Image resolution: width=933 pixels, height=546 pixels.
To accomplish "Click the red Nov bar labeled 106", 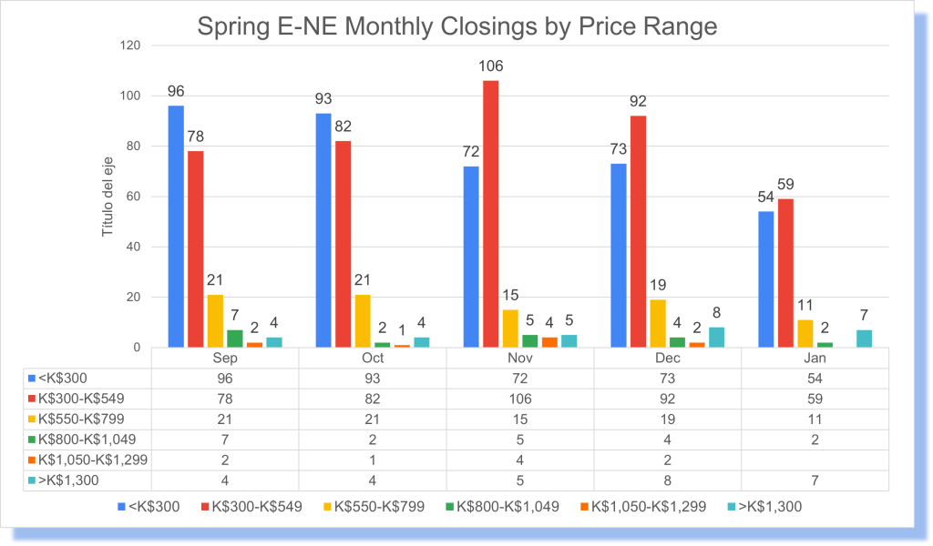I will click(x=490, y=214).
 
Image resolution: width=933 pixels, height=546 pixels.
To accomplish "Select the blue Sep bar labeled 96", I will click(x=176, y=227).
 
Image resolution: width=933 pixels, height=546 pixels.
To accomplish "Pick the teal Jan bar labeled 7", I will click(x=865, y=339).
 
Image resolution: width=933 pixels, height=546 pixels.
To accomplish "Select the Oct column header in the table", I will click(x=372, y=359).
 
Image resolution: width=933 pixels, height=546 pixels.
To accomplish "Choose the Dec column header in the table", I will click(x=668, y=359).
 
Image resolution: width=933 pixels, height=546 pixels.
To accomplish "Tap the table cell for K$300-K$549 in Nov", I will click(x=519, y=399).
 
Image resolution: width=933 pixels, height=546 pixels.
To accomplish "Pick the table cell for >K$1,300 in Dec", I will click(x=668, y=480).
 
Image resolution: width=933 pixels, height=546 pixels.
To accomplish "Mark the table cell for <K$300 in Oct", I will click(x=372, y=379).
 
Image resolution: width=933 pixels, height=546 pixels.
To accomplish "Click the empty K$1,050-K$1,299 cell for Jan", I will click(x=815, y=460).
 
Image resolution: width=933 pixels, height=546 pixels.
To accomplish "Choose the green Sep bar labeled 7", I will click(x=235, y=339).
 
